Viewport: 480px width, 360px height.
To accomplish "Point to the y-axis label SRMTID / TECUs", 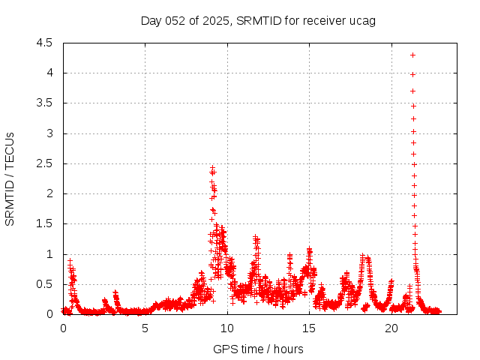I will click(10, 178).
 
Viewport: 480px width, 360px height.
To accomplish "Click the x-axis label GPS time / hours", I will click(258, 349).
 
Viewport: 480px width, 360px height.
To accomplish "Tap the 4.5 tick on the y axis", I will click(46, 43).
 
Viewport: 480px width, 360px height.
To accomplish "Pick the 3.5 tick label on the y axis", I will click(46, 103).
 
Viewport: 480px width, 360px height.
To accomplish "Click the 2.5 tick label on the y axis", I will click(46, 163).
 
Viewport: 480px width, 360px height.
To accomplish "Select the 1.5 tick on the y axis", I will click(46, 224).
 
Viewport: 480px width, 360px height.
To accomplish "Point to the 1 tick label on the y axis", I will click(50, 254).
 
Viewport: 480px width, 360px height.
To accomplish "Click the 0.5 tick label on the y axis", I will click(46, 284).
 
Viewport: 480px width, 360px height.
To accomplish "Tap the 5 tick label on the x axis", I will click(145, 328).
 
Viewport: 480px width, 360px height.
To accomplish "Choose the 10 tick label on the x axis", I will click(227, 328).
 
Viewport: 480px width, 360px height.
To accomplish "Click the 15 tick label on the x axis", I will click(309, 328).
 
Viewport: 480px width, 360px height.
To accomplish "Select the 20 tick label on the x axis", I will click(391, 328).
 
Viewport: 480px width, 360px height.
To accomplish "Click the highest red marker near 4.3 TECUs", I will click(412, 55).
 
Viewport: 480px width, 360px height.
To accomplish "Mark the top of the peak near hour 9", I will click(212, 168).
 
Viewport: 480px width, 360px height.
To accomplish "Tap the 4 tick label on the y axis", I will click(50, 73).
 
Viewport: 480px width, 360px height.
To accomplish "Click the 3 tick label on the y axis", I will click(50, 133).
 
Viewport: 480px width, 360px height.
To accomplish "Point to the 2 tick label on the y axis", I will click(50, 193).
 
